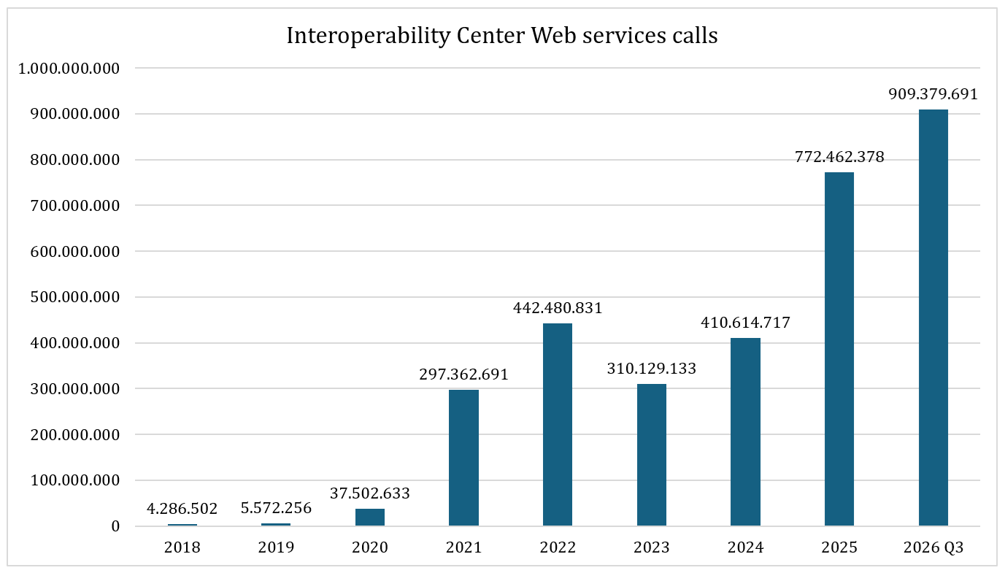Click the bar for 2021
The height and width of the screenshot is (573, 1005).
tap(463, 457)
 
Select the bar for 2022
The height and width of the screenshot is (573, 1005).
tap(557, 424)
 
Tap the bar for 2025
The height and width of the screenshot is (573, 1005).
tap(839, 349)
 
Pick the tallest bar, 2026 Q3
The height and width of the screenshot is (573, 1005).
tap(933, 318)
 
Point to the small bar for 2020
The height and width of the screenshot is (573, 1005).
tap(370, 517)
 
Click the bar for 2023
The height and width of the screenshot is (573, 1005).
tap(652, 455)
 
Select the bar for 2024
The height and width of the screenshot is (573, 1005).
tap(745, 431)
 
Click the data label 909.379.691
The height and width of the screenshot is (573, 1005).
tap(933, 94)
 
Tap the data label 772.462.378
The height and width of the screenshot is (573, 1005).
tap(839, 157)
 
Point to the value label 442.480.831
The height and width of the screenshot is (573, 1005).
tap(558, 308)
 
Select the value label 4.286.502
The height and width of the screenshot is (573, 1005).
tap(182, 508)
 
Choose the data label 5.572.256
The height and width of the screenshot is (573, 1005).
tap(276, 508)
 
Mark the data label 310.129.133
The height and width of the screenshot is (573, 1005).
tap(652, 369)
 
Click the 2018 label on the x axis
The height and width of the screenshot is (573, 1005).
tap(182, 547)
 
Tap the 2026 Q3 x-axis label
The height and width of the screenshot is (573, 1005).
tap(933, 547)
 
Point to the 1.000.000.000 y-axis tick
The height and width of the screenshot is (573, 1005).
tap(69, 69)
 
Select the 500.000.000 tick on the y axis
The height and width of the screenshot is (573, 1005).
tap(75, 297)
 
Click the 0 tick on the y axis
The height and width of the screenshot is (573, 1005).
tap(115, 526)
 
